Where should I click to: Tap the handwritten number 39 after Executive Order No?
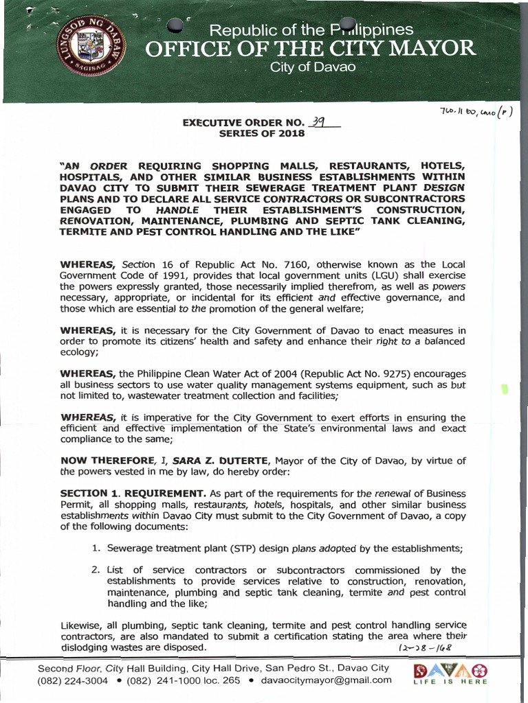[318, 121]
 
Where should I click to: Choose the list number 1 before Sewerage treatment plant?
[96, 548]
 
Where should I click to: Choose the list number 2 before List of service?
[96, 570]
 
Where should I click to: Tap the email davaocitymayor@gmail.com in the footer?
[329, 680]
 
